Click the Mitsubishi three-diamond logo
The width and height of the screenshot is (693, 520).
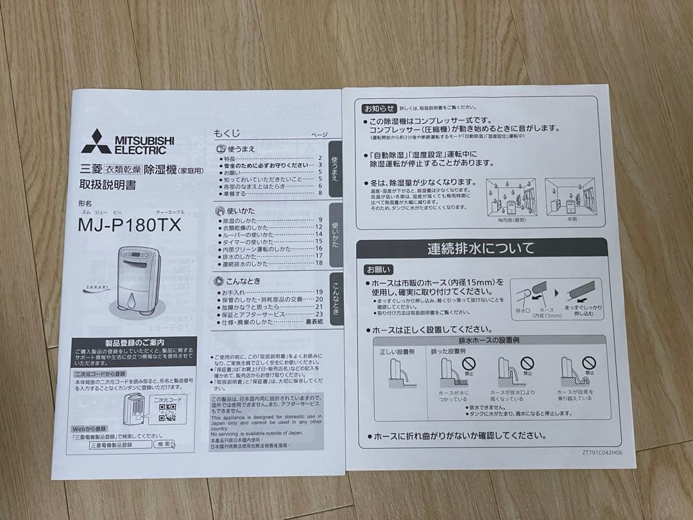click(x=96, y=141)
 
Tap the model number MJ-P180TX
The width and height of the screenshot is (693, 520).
click(x=129, y=226)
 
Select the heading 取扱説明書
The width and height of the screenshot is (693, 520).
click(x=107, y=186)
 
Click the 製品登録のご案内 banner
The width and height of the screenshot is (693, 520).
click(x=134, y=343)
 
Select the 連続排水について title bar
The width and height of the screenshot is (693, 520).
click(x=481, y=248)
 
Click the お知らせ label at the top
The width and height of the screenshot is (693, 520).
click(x=379, y=107)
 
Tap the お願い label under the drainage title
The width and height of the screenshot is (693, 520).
click(x=379, y=270)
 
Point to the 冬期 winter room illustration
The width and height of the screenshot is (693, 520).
click(x=569, y=196)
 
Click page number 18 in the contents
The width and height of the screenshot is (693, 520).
click(x=319, y=264)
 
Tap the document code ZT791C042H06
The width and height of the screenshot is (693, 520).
click(x=602, y=453)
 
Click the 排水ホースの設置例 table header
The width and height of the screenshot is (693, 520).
click(x=489, y=340)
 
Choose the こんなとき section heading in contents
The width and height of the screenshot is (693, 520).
click(x=243, y=281)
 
